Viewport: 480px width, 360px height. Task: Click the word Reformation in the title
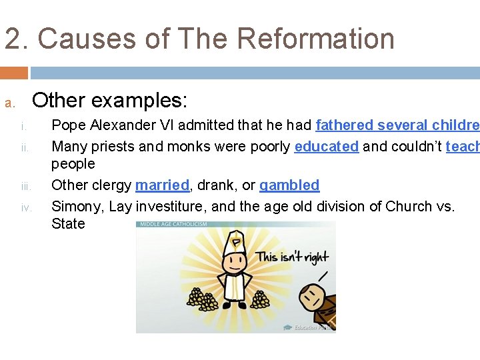point(316,38)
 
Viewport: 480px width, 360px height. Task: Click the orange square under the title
point(14,73)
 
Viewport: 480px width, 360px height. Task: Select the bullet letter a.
point(9,103)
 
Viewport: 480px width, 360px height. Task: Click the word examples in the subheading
point(139,101)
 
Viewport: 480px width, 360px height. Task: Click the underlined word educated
point(326,146)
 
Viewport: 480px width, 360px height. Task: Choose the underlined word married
point(162,185)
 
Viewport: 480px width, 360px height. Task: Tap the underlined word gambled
point(289,185)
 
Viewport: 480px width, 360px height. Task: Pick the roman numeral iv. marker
point(25,207)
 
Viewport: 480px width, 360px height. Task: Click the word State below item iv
point(68,223)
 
